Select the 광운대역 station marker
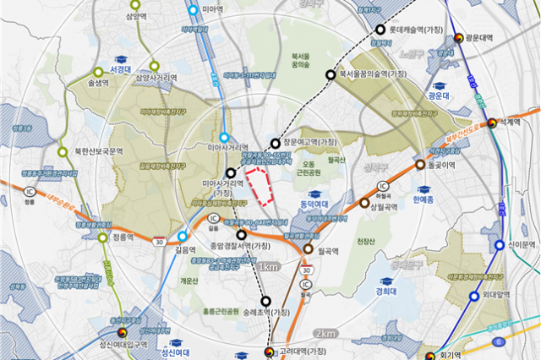pos(458,39)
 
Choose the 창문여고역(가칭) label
pos(309,142)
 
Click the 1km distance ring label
pos(268,267)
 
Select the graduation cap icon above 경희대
pos(385,282)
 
